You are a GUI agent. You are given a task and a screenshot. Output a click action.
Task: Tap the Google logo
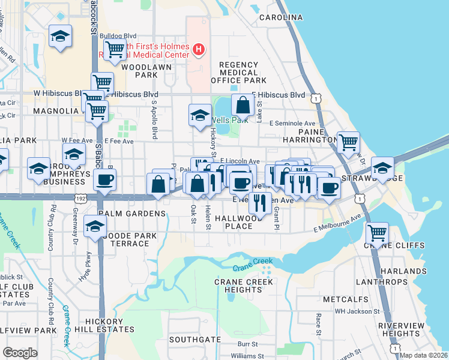(x=20, y=353)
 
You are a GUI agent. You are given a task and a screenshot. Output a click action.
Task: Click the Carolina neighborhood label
(x=280, y=17)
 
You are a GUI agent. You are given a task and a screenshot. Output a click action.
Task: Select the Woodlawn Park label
(x=146, y=71)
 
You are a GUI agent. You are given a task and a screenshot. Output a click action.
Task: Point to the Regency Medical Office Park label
(x=238, y=73)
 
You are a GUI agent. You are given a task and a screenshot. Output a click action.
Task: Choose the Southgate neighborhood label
(x=194, y=339)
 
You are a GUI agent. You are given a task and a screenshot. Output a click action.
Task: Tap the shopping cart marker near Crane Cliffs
(x=377, y=232)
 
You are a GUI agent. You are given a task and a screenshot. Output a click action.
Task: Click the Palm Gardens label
(x=131, y=214)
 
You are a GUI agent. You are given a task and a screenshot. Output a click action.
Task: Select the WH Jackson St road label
(x=357, y=311)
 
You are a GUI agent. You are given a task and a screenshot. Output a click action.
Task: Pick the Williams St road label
(x=243, y=356)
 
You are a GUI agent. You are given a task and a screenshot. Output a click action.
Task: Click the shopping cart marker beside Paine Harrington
(x=348, y=142)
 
